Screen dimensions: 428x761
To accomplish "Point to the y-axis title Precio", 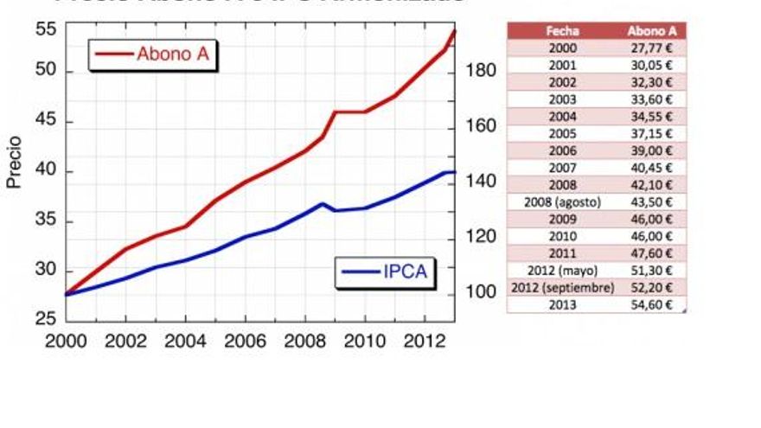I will (14, 161).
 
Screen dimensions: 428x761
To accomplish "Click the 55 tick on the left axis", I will (47, 29).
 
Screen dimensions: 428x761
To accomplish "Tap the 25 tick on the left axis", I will (47, 319).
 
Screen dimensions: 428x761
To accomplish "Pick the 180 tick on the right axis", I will (482, 71).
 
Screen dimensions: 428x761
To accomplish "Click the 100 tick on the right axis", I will (482, 292).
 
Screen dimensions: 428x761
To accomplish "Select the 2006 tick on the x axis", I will (247, 340).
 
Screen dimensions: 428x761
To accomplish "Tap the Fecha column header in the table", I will (563, 31).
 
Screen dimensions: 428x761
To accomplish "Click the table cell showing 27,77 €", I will (653, 48).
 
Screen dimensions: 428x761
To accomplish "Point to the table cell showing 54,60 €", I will (653, 304).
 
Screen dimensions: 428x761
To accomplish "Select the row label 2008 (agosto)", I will (563, 201).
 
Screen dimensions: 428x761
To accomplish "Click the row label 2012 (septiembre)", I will (563, 287).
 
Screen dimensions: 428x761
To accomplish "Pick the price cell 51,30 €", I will (653, 270).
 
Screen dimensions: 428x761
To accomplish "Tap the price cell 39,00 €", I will (653, 150).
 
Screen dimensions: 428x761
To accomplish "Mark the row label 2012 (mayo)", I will (563, 270).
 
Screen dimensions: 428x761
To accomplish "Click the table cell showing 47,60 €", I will (653, 252).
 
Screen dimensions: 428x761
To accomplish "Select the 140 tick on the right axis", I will (482, 182).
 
